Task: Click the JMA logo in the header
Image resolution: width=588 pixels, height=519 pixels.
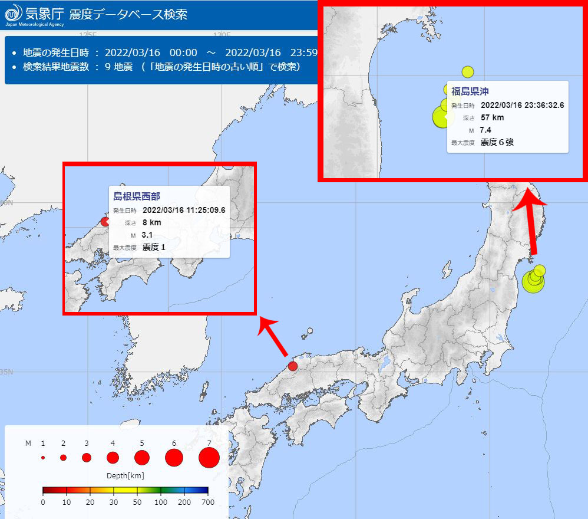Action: (x=14, y=14)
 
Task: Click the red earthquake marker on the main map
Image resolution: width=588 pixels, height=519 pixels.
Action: (x=293, y=366)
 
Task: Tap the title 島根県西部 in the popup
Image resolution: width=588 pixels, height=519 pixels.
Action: (x=137, y=196)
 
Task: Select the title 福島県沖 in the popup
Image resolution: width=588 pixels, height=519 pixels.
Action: (x=470, y=91)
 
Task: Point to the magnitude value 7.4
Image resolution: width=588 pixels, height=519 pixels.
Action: (x=485, y=130)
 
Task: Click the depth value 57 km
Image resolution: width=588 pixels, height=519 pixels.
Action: (x=492, y=117)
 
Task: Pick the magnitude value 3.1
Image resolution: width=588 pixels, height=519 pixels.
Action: (x=148, y=235)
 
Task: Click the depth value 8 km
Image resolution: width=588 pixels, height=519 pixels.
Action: (x=151, y=222)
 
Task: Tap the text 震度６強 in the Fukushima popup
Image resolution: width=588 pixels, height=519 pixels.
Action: (x=497, y=142)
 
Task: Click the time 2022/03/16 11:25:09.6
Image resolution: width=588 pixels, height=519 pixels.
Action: (x=184, y=210)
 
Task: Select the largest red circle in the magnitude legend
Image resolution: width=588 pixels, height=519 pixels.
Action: (x=209, y=457)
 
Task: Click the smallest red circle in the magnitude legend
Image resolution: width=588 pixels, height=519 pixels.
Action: (x=43, y=457)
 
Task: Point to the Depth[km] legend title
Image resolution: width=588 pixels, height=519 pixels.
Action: (x=125, y=475)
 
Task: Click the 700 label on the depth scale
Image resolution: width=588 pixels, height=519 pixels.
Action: (x=208, y=502)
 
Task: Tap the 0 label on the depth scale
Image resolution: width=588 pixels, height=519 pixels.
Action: (x=43, y=502)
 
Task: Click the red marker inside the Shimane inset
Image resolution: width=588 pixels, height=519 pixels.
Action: (x=105, y=222)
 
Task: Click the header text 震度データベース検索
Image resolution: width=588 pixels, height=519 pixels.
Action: (x=128, y=14)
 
